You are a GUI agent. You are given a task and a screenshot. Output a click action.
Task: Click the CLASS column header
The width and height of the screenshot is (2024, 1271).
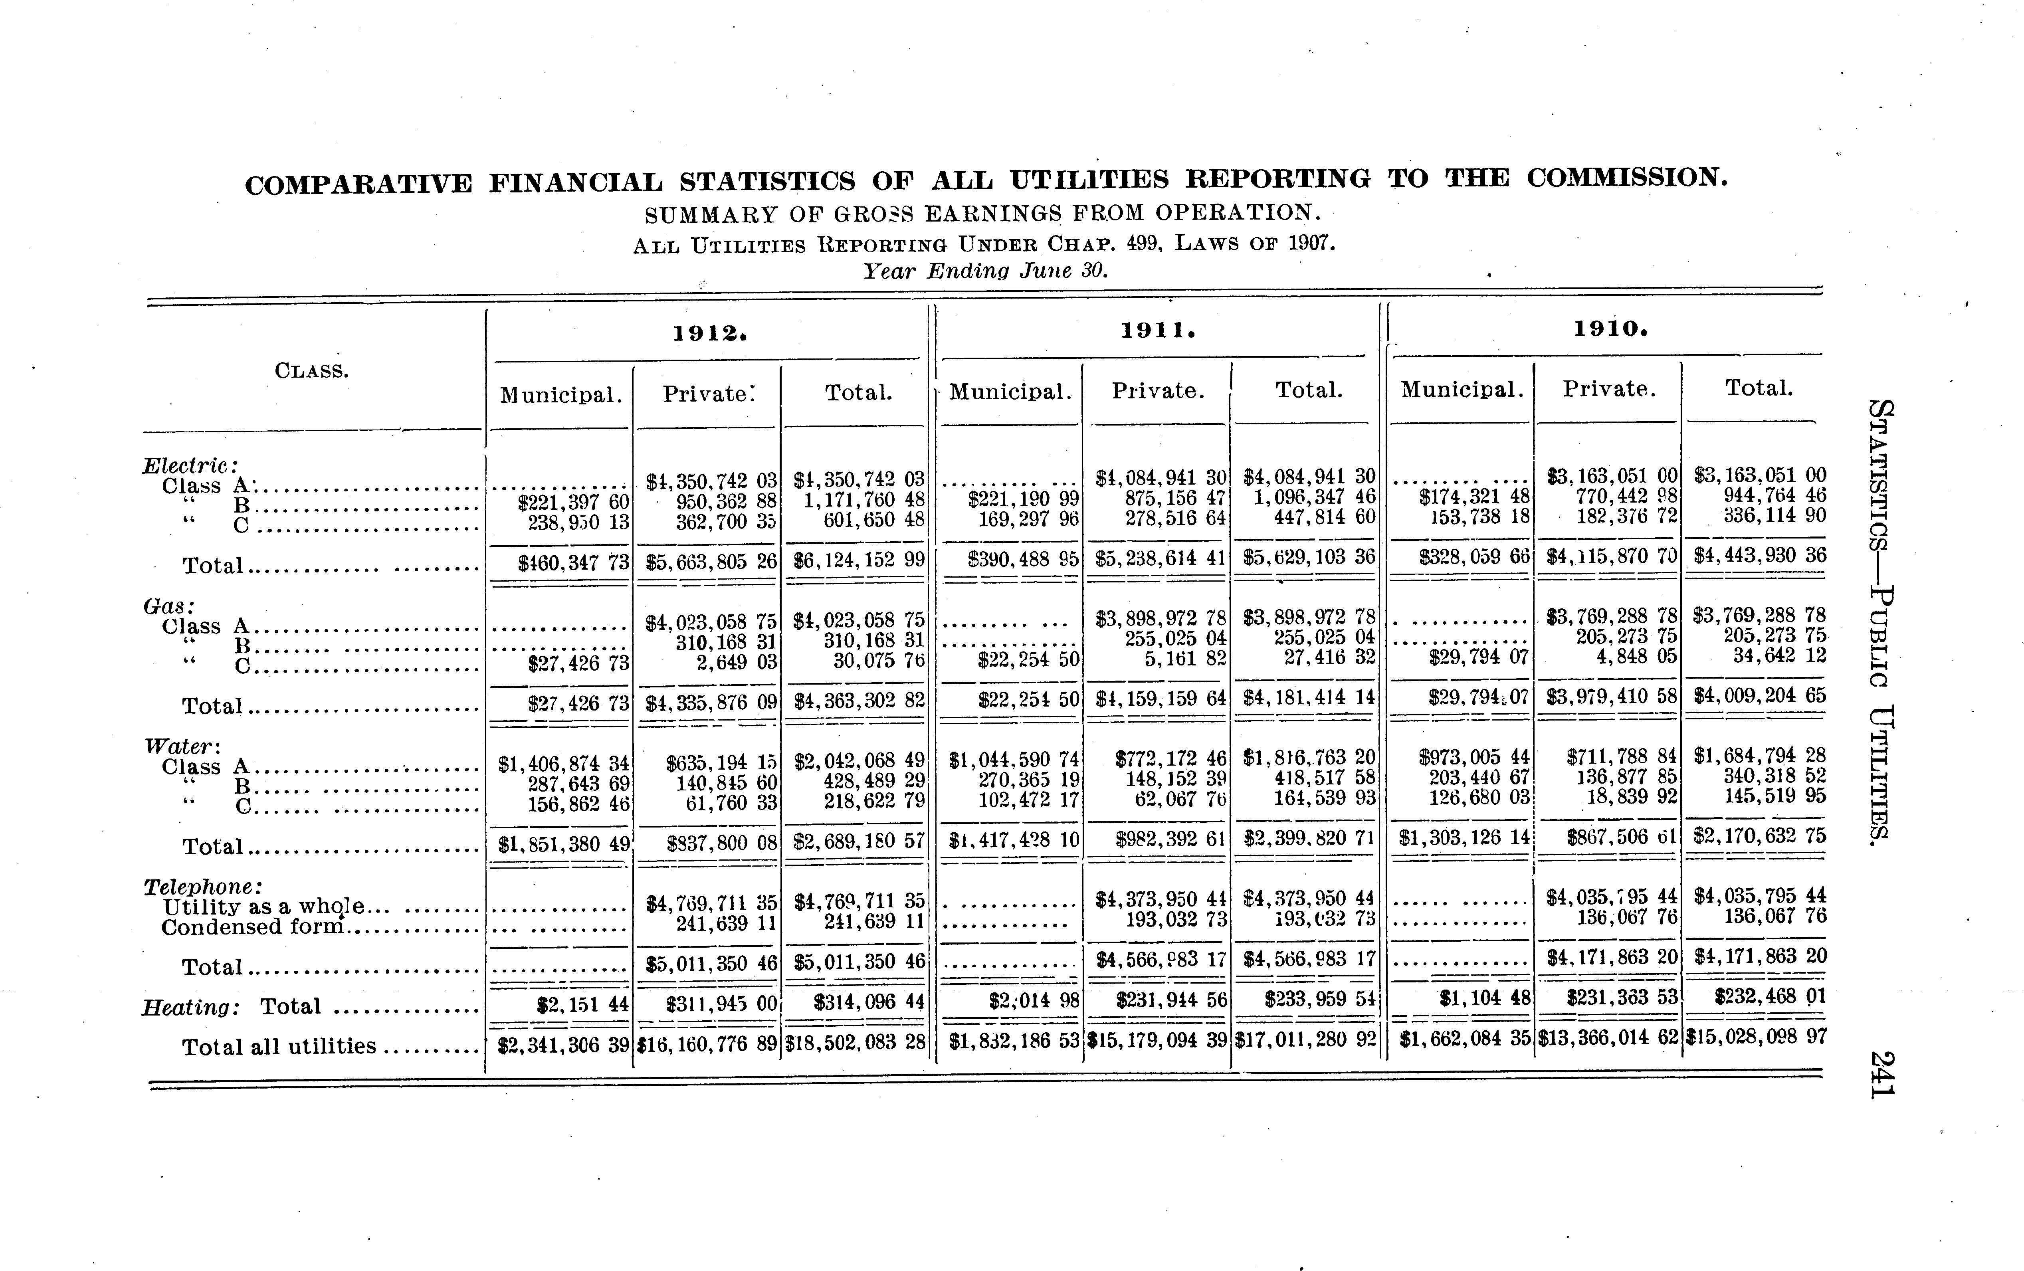tap(312, 371)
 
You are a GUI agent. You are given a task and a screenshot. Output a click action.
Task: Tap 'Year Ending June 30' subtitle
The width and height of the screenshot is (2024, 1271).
tap(986, 271)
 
